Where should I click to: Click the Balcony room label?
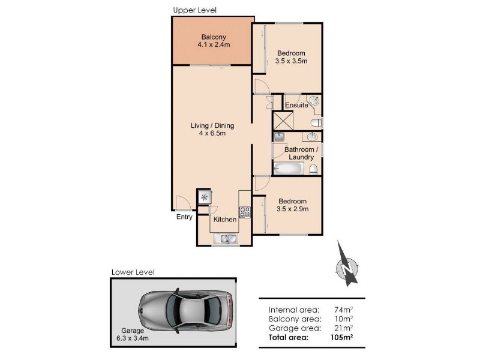coord(214,37)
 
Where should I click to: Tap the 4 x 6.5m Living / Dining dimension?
coord(212,133)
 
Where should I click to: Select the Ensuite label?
coord(296,105)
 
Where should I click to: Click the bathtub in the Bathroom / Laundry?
coord(289,169)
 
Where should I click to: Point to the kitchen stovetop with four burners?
coord(245,212)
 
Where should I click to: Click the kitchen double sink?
coord(226,238)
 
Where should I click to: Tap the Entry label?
coord(184,217)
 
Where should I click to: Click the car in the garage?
coord(185,311)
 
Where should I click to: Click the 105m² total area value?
coord(341,337)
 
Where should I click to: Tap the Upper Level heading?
coord(194,10)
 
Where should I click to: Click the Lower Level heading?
coord(133,272)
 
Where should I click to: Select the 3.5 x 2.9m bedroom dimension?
coord(292,209)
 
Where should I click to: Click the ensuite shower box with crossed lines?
coord(283,121)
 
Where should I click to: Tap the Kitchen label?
coord(225,220)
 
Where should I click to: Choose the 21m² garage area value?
coord(344,328)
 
